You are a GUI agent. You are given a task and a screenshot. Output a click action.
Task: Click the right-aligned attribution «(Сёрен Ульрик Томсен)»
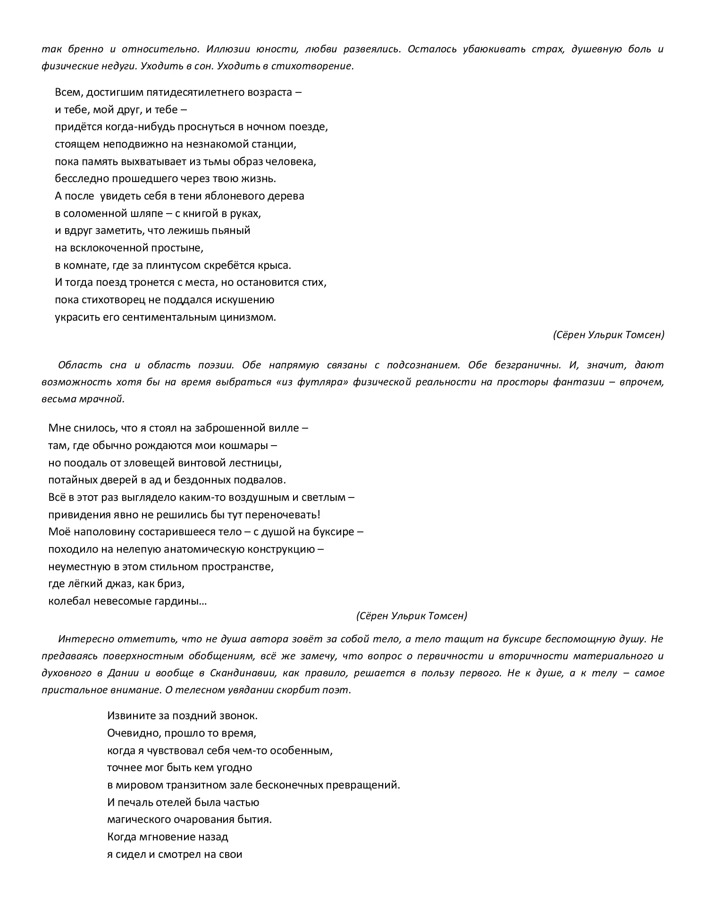click(608, 335)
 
